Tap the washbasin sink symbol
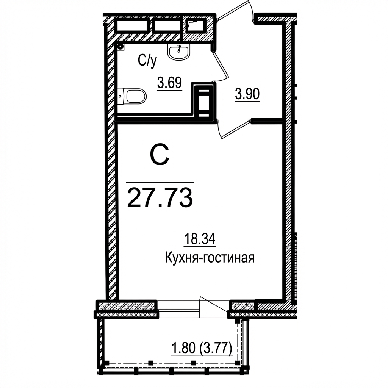[179, 52]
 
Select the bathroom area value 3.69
[169, 83]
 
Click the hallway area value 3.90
[247, 94]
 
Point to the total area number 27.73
[160, 198]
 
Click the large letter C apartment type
[160, 155]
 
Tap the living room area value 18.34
[200, 239]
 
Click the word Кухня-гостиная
[210, 258]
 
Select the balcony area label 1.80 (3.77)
[202, 347]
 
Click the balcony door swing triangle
[214, 307]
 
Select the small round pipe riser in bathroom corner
[120, 46]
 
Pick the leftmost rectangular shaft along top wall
[132, 25]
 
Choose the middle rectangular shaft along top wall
[167, 25]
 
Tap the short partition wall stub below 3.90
[267, 121]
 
